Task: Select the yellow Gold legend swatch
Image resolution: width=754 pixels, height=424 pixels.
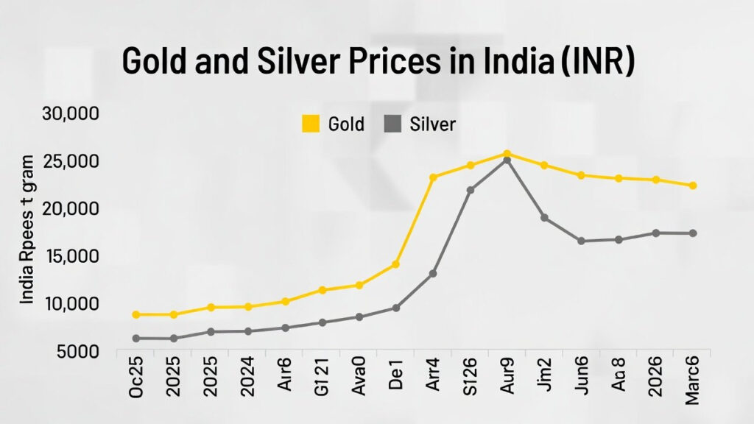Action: point(311,124)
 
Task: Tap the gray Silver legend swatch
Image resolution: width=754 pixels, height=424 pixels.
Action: point(393,124)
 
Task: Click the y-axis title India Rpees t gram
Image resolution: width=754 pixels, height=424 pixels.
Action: point(27,230)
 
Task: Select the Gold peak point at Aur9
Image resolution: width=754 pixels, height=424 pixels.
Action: point(507,154)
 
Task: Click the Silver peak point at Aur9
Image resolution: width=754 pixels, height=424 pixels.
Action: point(507,160)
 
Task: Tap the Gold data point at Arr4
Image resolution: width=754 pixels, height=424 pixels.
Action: point(433,177)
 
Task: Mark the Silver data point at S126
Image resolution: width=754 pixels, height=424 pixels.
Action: point(471,190)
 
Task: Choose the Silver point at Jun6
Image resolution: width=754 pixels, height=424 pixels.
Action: point(581,241)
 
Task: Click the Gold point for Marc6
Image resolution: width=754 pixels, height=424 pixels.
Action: point(693,185)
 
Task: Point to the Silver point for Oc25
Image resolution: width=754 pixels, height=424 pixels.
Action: point(135,339)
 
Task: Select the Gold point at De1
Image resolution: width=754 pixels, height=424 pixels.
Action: point(395,264)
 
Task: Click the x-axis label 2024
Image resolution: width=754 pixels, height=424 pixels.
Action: point(247,380)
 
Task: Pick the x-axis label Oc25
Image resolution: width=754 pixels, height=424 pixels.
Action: point(136,380)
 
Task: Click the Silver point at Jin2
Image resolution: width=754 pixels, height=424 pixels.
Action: point(544,218)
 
